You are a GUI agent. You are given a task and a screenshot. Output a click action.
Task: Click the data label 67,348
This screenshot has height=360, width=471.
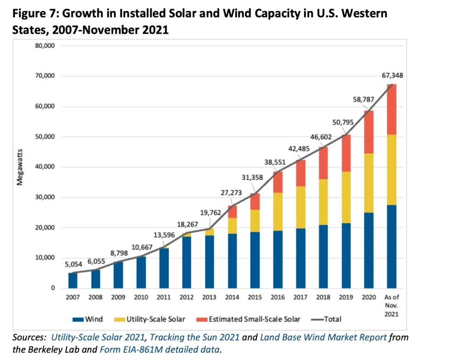[391, 75]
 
